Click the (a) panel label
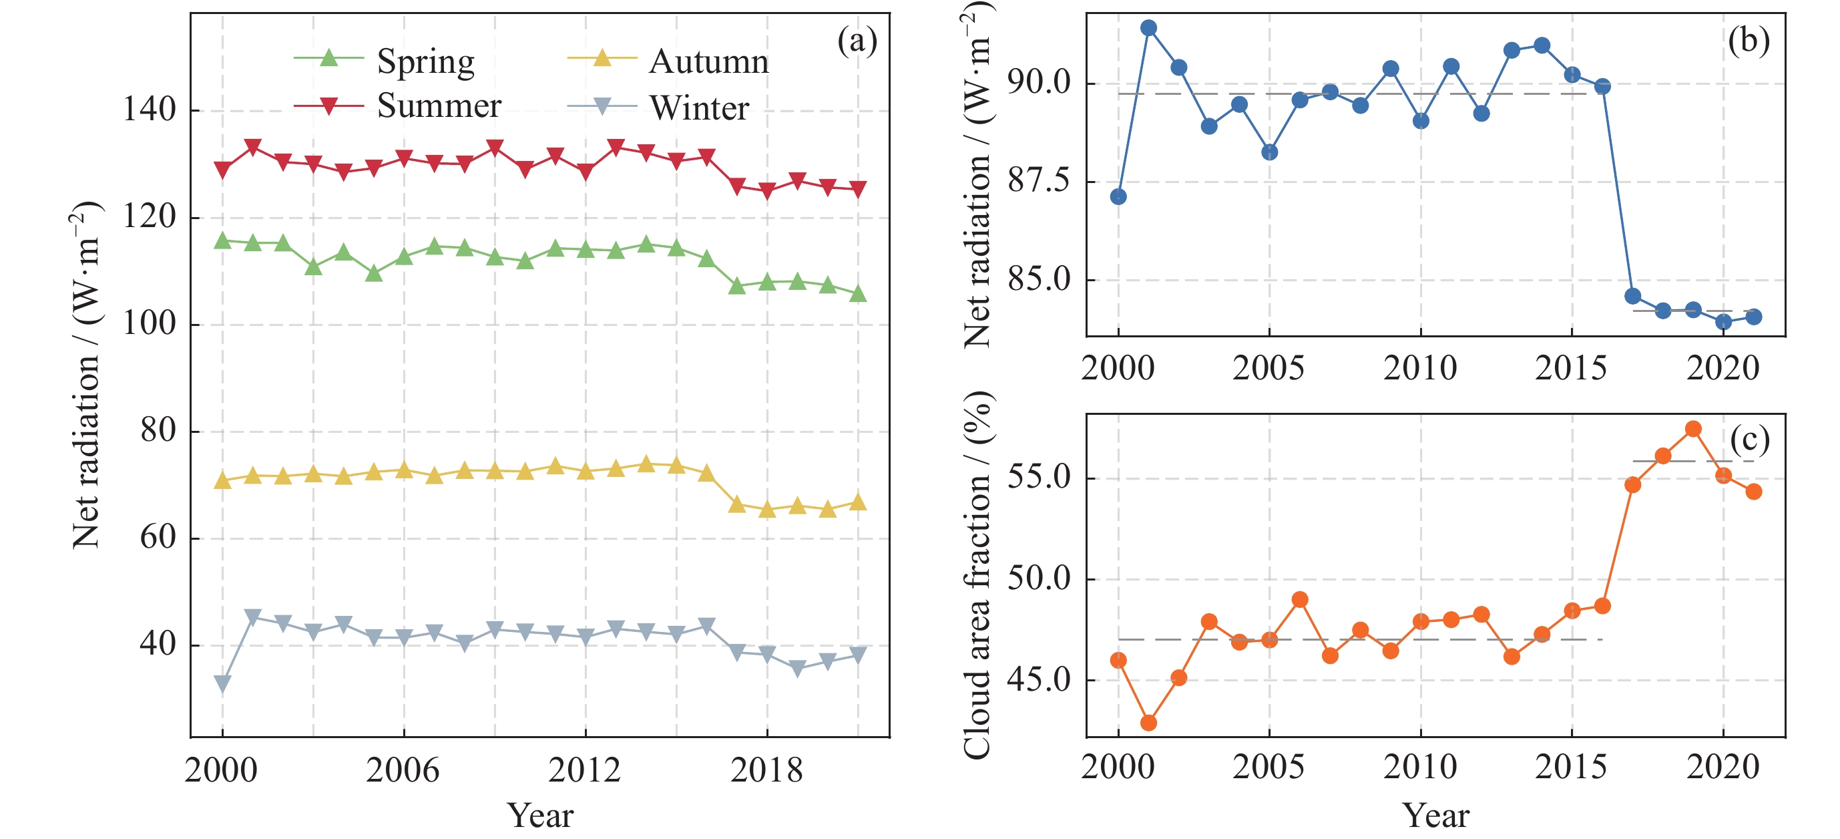(x=857, y=41)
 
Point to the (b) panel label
(x=1749, y=41)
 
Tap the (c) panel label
(x=1749, y=440)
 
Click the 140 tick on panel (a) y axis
(x=150, y=110)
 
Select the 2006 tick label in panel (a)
(x=403, y=770)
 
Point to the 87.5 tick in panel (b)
(x=1040, y=182)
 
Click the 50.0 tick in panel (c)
(x=1040, y=579)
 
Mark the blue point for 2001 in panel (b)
(x=1148, y=29)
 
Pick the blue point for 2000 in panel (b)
(x=1118, y=196)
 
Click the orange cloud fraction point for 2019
(x=1693, y=429)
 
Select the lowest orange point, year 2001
(x=1148, y=723)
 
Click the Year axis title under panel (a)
(x=540, y=816)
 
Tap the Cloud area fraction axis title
(x=978, y=575)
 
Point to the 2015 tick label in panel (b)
(x=1571, y=368)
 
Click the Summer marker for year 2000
(x=222, y=170)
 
